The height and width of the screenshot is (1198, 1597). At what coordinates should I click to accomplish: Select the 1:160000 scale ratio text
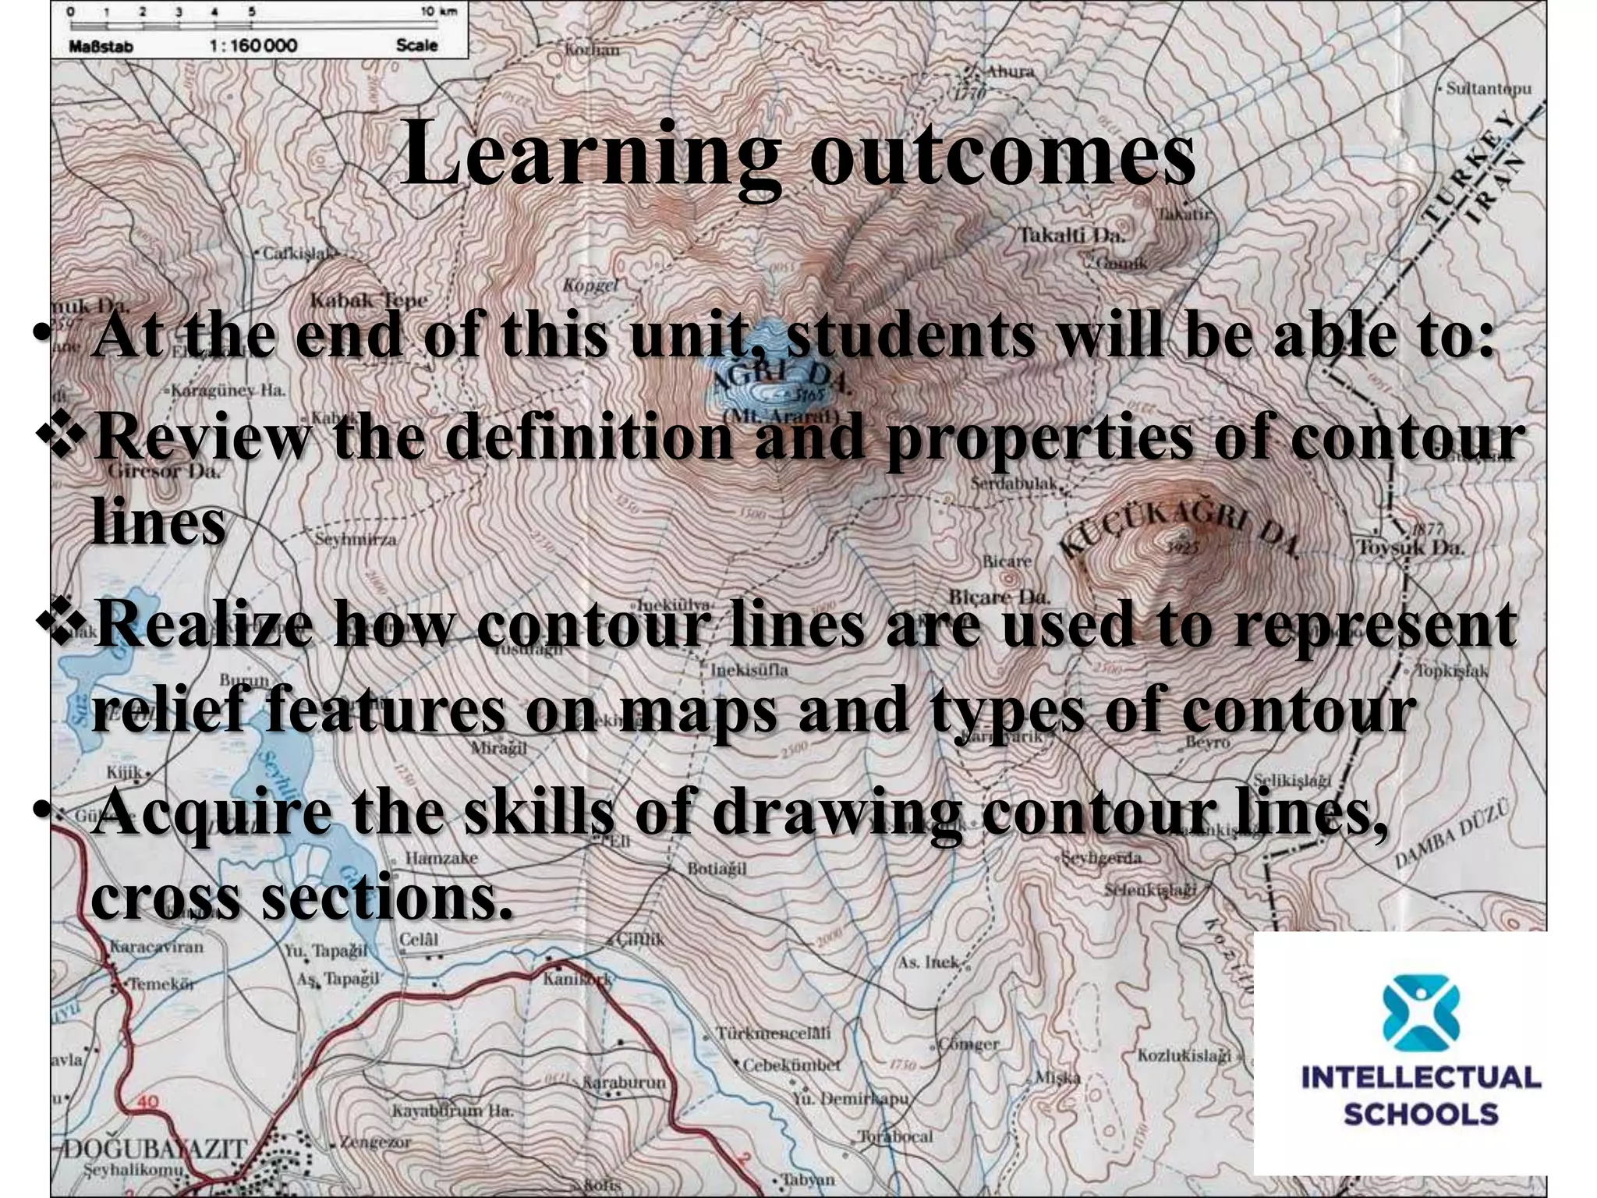[253, 45]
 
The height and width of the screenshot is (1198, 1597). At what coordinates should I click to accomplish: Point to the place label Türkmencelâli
[773, 1033]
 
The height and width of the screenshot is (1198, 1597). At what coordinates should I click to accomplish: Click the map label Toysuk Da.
[1411, 547]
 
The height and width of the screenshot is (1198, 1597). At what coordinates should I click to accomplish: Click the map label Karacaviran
[156, 947]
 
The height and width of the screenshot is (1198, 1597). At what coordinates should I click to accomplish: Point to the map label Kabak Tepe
[368, 300]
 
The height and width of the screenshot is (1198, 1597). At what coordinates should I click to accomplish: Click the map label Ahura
[1011, 72]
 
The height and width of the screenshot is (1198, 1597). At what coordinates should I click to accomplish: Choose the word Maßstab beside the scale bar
[101, 45]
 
